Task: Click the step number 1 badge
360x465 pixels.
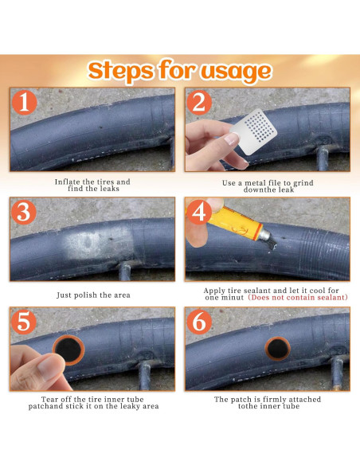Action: (x=25, y=102)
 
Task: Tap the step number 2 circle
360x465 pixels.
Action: (x=199, y=103)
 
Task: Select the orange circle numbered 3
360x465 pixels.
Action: (x=24, y=212)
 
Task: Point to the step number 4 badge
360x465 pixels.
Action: (x=199, y=212)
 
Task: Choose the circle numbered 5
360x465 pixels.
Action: (x=24, y=322)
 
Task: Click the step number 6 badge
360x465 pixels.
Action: (x=199, y=322)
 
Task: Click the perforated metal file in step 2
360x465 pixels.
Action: (x=254, y=131)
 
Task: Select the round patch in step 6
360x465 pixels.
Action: (x=277, y=349)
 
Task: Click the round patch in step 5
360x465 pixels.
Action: (x=68, y=350)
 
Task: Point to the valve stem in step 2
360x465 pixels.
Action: (x=322, y=158)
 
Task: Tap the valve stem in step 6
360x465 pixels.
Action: (x=337, y=373)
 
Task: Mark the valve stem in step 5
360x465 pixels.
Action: (x=144, y=375)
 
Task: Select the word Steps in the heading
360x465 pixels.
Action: (x=121, y=71)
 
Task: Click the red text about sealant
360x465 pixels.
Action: (x=298, y=298)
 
